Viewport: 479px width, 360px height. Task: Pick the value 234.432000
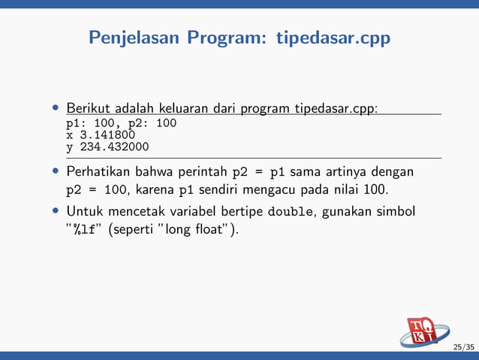point(113,147)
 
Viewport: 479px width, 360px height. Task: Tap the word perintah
point(203,172)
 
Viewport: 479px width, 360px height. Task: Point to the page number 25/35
point(463,347)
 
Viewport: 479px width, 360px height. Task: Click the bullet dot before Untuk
point(56,211)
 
